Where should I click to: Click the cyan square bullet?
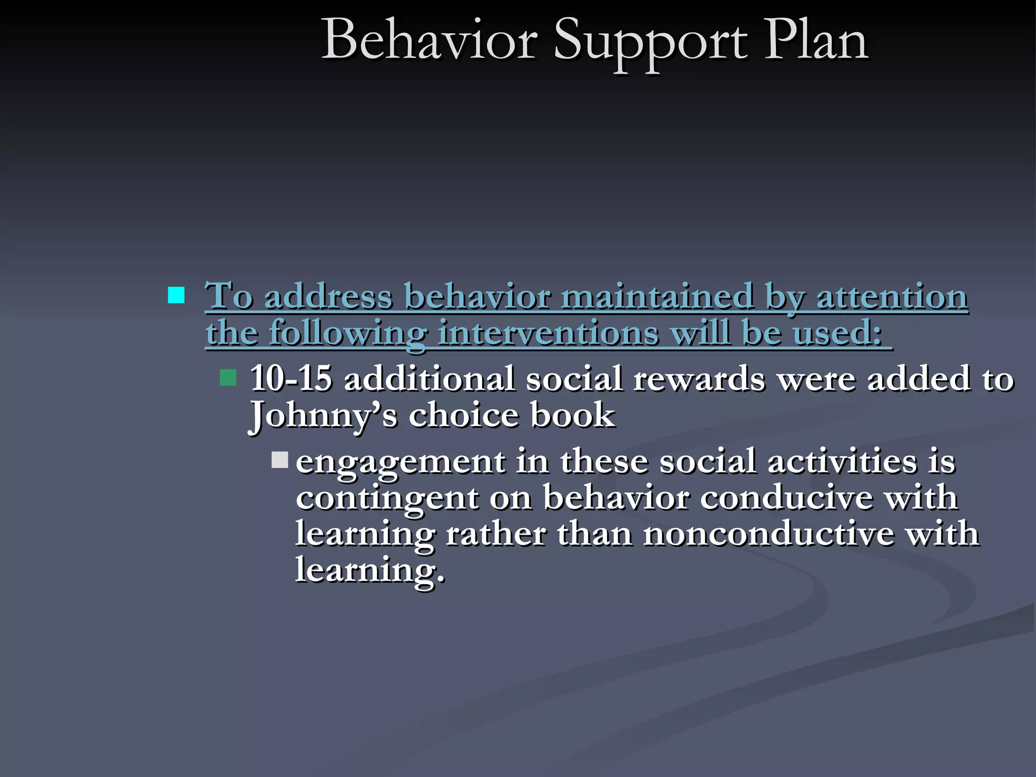(176, 295)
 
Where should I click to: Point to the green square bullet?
(228, 377)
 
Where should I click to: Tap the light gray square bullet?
(280, 460)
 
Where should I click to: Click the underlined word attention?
(892, 297)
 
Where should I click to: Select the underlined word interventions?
(548, 334)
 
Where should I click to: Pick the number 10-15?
(291, 378)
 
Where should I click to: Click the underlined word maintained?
(658, 296)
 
